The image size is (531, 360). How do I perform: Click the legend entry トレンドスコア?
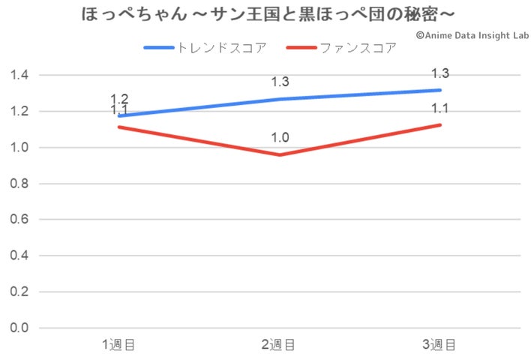pos(205,48)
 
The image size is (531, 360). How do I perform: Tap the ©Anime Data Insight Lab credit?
pos(471,34)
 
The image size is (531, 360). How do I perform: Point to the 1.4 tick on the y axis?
pos(19,75)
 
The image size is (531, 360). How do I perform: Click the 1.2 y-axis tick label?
pos(19,111)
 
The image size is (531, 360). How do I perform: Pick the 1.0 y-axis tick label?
pos(19,148)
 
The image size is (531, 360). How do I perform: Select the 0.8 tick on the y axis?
pos(19,184)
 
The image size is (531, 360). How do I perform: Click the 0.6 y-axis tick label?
pos(19,220)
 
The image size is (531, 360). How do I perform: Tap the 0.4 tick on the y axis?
pos(19,256)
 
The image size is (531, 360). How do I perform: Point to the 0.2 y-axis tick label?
pos(19,292)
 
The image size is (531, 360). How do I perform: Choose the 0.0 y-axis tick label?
pos(19,328)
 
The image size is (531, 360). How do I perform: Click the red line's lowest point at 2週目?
pos(280,154)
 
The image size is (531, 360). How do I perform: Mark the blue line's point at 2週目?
pos(280,99)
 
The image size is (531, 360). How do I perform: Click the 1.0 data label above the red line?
pos(280,138)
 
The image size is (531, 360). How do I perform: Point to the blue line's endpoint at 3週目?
pos(440,90)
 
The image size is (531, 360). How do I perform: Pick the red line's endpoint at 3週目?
pos(440,124)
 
